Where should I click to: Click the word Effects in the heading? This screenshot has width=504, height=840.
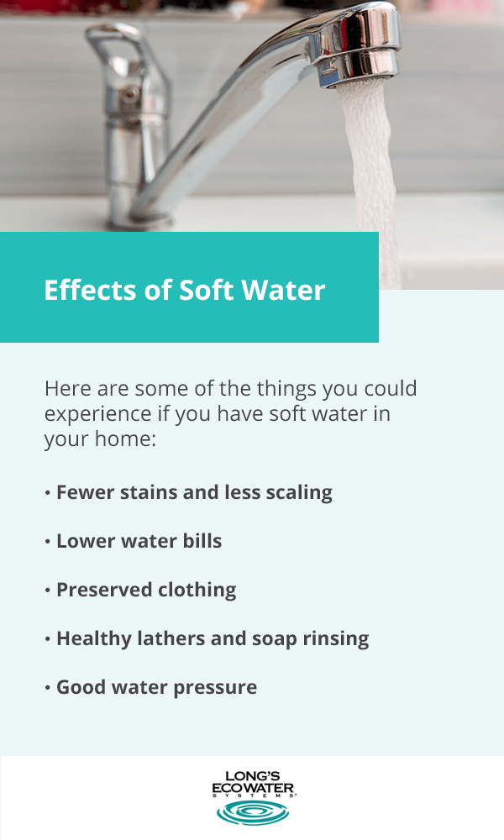point(90,290)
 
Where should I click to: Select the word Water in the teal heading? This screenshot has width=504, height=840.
point(283,290)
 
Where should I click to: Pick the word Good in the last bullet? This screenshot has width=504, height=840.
point(79,687)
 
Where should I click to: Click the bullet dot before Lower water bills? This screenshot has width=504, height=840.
point(48,542)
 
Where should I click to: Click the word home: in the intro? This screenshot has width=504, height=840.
point(125,438)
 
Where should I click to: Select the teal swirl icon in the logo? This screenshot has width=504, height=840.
point(253,812)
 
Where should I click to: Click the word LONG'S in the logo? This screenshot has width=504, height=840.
point(253,776)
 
